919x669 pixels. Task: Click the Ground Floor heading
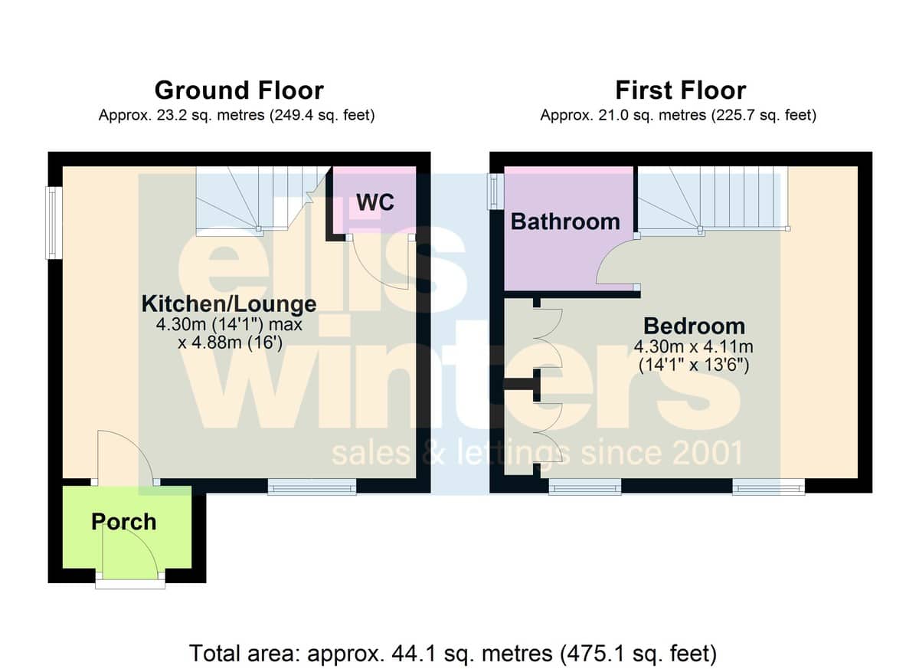(239, 90)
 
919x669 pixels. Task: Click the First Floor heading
(681, 90)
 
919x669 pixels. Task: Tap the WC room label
(375, 202)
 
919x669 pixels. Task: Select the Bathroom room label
(565, 222)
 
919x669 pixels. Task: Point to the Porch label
(123, 522)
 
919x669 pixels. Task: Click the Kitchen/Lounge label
(229, 304)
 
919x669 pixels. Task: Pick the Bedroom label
(694, 326)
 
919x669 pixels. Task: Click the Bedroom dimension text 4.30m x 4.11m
(693, 347)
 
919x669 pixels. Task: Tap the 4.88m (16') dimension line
(230, 343)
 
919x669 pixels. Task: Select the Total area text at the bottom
(453, 653)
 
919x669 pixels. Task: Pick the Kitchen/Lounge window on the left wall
(54, 223)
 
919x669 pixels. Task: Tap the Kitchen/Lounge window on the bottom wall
(312, 487)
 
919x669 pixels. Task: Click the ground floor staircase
(263, 200)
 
